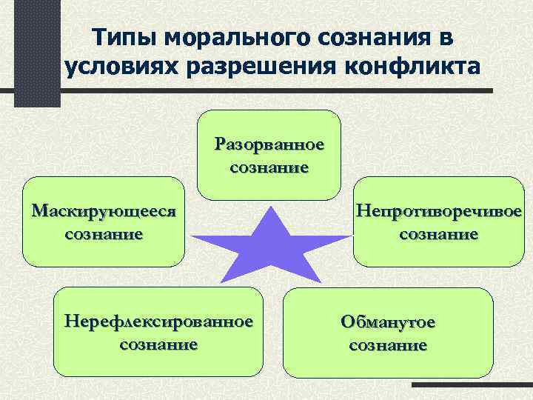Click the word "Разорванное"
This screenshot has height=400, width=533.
click(x=269, y=143)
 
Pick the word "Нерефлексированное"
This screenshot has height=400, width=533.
click(x=158, y=322)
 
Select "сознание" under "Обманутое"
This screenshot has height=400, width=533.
click(x=388, y=345)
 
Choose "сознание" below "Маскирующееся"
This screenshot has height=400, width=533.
click(x=104, y=235)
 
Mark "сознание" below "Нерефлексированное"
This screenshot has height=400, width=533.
click(x=158, y=344)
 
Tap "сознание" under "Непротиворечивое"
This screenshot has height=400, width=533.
click(x=439, y=235)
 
